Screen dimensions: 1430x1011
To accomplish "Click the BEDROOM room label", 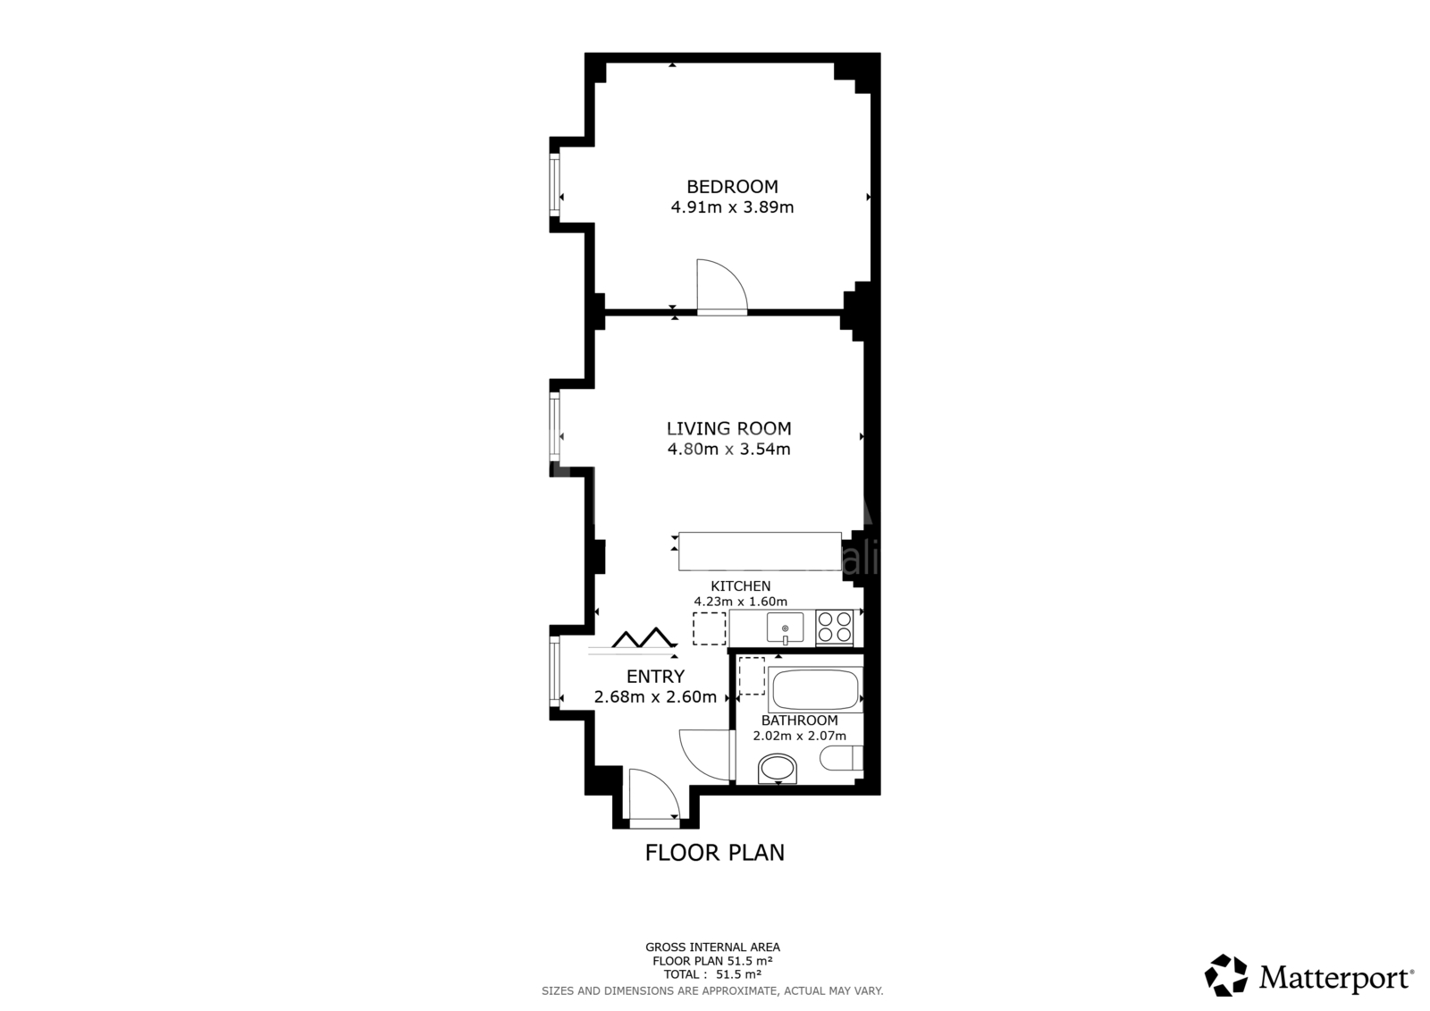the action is point(732,187).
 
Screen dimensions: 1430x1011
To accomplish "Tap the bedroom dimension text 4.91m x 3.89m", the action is point(732,206).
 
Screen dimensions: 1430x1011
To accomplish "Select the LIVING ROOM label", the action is point(729,428).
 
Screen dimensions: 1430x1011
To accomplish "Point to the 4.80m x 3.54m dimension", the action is point(729,449).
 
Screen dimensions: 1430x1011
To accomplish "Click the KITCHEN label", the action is point(741,586).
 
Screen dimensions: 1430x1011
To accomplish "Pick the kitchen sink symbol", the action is point(786,628).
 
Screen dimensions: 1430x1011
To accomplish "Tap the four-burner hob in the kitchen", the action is point(835,628).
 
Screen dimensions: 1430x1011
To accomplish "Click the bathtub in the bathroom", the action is point(815,690).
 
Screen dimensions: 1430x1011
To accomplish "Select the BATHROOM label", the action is point(799,720).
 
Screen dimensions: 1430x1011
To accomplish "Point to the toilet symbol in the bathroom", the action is point(841,758).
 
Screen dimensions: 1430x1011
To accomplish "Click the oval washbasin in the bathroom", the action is point(778,769).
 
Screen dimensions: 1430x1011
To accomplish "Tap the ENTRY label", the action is point(656,677).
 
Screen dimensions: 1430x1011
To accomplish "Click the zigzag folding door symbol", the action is point(643,638).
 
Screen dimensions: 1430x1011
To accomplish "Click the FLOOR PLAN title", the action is point(714,853).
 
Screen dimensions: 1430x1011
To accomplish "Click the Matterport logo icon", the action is point(1225,975).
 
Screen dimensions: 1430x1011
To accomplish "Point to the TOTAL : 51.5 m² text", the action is point(712,974).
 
